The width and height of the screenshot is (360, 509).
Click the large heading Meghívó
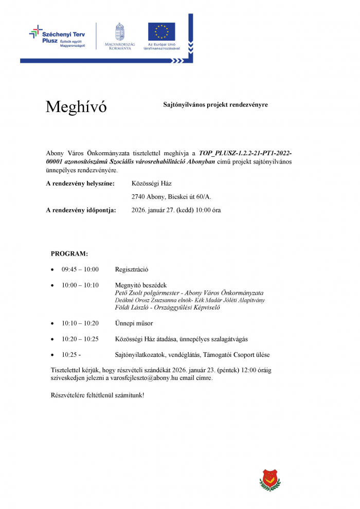point(76,107)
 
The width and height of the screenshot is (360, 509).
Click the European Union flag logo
point(161,32)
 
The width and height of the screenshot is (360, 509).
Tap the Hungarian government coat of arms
point(119,31)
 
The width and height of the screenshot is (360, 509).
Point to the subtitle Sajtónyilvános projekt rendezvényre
point(215,104)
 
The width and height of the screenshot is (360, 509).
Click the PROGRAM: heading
point(69,253)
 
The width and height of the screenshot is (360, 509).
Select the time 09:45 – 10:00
point(80,269)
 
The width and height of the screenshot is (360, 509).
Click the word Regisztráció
point(132,269)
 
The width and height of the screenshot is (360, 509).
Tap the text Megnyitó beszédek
point(141,285)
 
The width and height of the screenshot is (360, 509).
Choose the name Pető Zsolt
point(129,293)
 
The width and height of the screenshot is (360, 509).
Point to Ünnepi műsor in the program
point(134,323)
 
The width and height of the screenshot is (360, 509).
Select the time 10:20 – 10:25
point(80,339)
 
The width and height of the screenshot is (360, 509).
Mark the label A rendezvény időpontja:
point(81,210)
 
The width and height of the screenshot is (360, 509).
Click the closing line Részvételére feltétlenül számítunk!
point(98,395)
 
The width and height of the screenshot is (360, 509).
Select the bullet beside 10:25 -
point(52,355)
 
